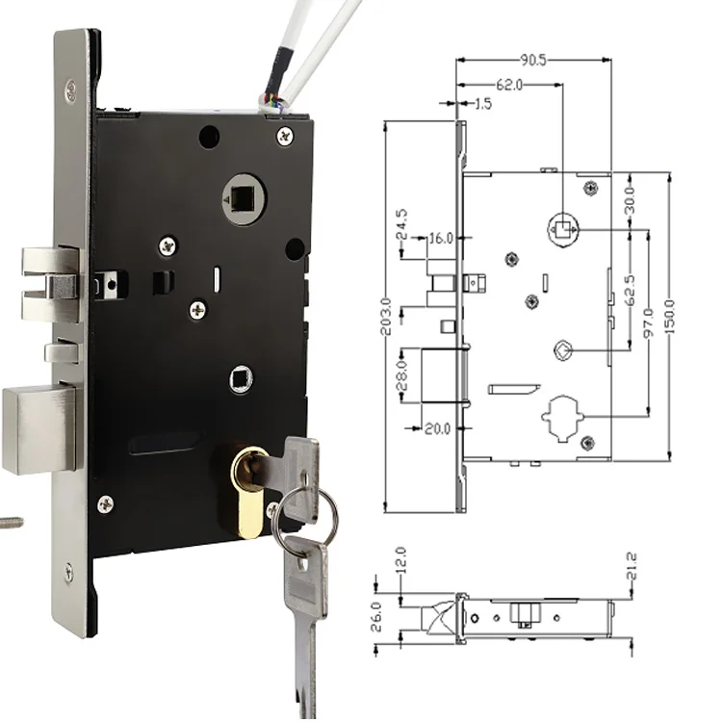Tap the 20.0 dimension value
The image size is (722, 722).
441,428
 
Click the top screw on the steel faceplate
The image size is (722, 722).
70,90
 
